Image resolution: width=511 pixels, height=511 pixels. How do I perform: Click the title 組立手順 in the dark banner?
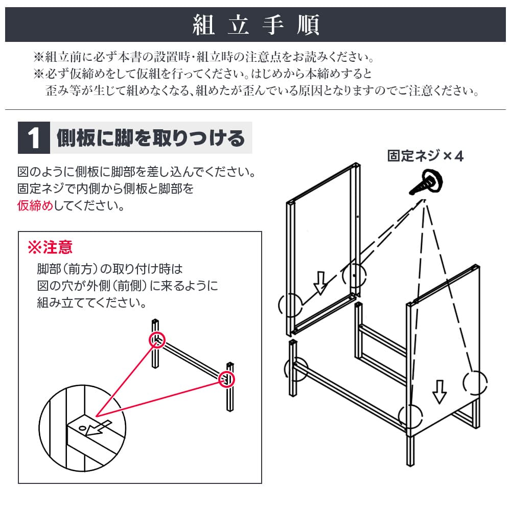pyautogui.click(x=256, y=25)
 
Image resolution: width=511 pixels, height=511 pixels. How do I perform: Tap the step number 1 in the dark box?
pyautogui.click(x=34, y=138)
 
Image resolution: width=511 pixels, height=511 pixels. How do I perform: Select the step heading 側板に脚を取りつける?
pyautogui.click(x=151, y=138)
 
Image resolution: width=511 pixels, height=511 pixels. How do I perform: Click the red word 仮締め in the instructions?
pyautogui.click(x=35, y=205)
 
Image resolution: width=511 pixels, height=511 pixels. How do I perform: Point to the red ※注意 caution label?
pyautogui.click(x=50, y=247)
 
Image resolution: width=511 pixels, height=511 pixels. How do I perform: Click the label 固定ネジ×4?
pyautogui.click(x=425, y=156)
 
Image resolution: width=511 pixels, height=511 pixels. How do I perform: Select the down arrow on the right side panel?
pyautogui.click(x=439, y=392)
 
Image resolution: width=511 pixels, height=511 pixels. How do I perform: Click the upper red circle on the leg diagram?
pyautogui.click(x=157, y=340)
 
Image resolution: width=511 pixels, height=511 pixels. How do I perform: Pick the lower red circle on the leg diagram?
pyautogui.click(x=226, y=379)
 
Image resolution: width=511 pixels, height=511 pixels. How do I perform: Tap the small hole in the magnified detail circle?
pyautogui.click(x=83, y=428)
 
